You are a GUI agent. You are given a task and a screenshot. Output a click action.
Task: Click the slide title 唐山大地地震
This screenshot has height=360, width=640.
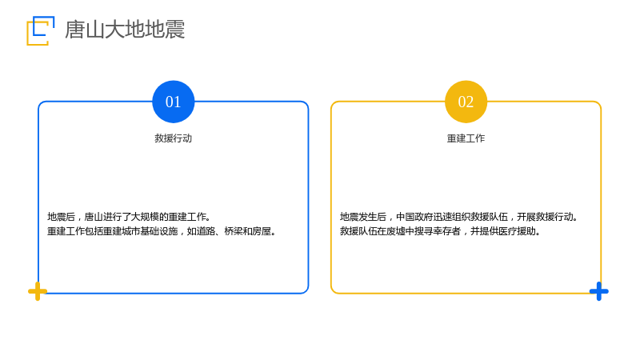click(x=125, y=30)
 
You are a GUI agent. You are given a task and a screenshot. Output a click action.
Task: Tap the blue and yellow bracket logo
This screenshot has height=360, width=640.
click(x=40, y=30)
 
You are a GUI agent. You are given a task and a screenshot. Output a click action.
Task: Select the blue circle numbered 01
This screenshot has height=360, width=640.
click(x=173, y=102)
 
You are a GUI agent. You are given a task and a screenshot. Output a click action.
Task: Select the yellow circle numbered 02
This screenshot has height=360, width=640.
click(x=466, y=102)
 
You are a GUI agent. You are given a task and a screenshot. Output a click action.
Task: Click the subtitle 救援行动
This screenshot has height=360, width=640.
click(x=173, y=138)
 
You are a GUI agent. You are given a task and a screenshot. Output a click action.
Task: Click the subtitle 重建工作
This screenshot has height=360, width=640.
click(x=466, y=138)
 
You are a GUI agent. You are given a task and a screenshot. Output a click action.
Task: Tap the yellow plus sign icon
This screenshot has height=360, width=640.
click(x=38, y=291)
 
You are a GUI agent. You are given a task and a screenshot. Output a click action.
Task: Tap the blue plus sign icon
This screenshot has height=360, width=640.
click(x=598, y=291)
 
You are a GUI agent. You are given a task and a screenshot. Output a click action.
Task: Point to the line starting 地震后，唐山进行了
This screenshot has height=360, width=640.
click(x=129, y=217)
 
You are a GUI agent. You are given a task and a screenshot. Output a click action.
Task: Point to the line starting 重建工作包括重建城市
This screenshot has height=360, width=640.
click(x=162, y=231)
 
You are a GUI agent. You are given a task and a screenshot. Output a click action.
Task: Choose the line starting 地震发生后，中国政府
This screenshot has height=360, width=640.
click(x=458, y=217)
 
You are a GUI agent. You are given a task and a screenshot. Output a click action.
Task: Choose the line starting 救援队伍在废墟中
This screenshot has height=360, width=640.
click(x=441, y=231)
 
